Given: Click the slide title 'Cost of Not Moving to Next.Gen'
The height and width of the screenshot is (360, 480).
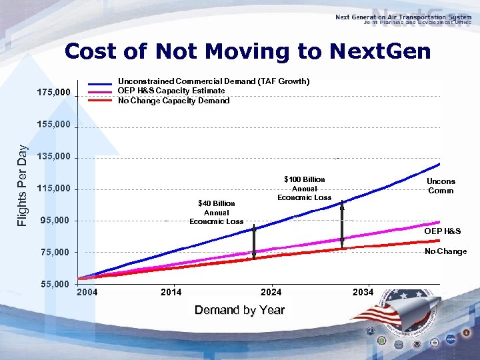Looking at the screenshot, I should click(x=248, y=51).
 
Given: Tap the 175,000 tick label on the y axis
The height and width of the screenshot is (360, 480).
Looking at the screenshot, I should click(x=53, y=92).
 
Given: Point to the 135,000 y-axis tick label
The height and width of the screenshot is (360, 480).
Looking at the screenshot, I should click(x=53, y=158).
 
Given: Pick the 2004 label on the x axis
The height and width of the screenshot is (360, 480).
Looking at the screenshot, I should click(x=87, y=292).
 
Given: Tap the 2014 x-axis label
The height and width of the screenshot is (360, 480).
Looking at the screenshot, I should click(x=171, y=292).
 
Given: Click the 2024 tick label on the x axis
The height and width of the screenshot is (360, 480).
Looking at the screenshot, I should click(x=271, y=292).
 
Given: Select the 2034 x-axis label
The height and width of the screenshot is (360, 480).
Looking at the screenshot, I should click(x=363, y=292).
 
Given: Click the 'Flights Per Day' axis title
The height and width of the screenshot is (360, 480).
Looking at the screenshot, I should click(x=23, y=185).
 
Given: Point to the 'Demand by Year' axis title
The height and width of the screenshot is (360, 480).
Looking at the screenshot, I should click(x=239, y=310).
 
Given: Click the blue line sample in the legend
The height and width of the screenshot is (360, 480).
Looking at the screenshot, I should click(x=99, y=83).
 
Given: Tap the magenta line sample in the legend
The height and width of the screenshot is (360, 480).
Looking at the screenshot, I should click(x=99, y=91).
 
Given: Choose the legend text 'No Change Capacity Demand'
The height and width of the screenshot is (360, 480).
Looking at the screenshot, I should click(x=173, y=101).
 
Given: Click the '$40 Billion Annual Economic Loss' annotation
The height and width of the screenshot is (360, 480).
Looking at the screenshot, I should click(x=217, y=212).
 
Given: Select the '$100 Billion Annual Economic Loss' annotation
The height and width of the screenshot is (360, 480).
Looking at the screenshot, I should click(x=305, y=188).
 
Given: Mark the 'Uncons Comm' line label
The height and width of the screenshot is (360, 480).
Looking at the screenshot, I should click(x=441, y=186).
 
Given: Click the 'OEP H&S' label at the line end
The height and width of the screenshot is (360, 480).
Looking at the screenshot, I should click(x=443, y=231).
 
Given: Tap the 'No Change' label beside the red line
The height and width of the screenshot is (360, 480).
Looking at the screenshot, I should click(x=446, y=251).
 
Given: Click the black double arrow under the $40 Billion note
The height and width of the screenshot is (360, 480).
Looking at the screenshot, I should click(x=255, y=241).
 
